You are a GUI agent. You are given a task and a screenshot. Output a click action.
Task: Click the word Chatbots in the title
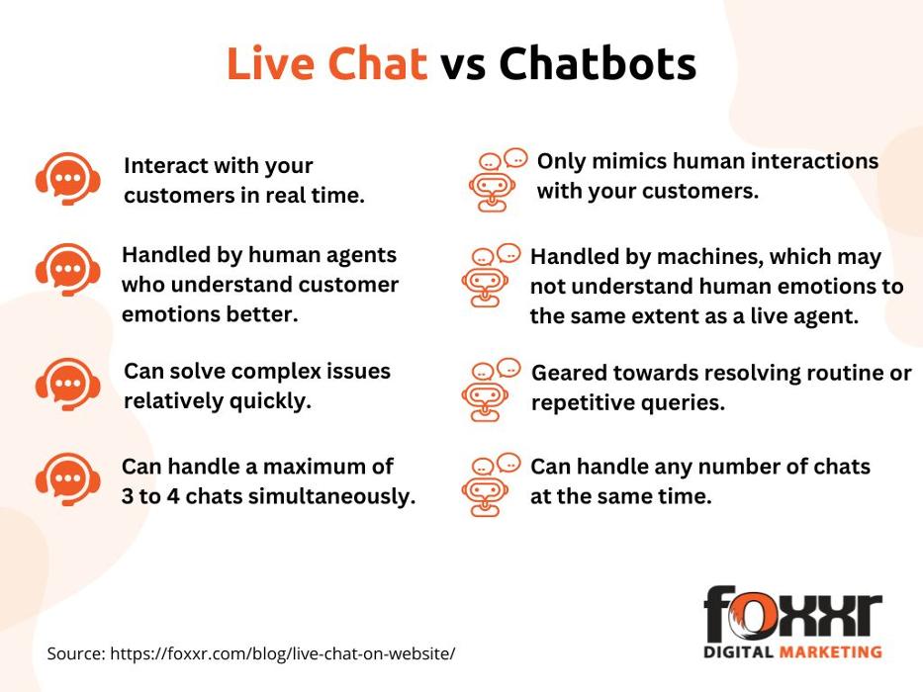(599, 63)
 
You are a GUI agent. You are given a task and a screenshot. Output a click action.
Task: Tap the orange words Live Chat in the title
(326, 63)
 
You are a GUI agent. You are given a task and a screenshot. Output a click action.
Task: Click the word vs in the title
(463, 67)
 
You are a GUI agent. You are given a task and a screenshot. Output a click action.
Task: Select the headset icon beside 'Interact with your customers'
(67, 178)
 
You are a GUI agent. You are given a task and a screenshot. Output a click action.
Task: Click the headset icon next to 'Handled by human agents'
(67, 270)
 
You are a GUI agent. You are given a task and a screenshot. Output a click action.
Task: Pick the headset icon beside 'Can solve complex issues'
(67, 384)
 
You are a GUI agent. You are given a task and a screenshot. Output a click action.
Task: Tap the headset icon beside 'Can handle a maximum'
(67, 479)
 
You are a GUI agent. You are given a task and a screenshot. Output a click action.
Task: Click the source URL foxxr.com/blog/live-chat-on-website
(283, 653)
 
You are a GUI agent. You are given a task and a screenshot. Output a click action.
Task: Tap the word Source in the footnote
(76, 653)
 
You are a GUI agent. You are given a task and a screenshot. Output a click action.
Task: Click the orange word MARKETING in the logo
(831, 652)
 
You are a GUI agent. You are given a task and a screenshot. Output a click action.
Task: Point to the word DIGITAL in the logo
(738, 652)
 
